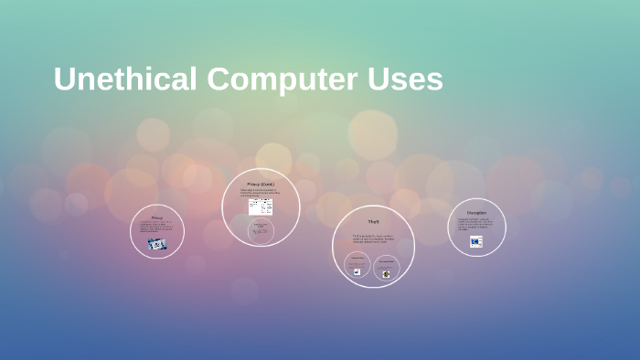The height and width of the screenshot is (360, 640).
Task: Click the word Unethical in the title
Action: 124,79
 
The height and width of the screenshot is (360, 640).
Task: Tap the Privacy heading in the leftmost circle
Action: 156,217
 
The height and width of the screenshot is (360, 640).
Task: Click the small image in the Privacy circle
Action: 156,244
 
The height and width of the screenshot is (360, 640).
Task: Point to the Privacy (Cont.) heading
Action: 261,184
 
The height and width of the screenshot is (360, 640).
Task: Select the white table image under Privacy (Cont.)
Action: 261,207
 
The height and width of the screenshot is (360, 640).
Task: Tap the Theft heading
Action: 373,221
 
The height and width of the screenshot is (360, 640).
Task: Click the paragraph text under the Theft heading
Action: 372,239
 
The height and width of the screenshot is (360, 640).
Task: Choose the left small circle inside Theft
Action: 357,266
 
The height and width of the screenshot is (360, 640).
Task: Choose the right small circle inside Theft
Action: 386,266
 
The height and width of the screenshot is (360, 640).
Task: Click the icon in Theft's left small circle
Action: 357,272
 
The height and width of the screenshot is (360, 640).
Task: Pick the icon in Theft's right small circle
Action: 386,273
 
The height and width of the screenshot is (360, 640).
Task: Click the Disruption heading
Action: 476,213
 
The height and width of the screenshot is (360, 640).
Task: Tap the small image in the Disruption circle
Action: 476,242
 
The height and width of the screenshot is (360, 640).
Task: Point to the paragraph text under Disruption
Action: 476,225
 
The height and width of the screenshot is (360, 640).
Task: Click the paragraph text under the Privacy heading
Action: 156,228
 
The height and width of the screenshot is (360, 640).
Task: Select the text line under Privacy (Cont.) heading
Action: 260,193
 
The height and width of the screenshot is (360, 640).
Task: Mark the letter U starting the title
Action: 64,79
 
